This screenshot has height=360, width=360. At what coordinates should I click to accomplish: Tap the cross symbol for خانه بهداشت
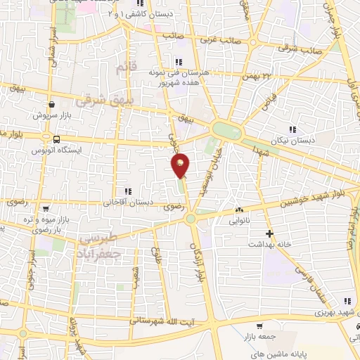click(268, 233)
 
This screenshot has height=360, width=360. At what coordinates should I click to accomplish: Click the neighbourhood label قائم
click(122, 68)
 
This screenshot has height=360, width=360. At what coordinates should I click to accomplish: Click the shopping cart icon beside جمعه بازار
click(260, 326)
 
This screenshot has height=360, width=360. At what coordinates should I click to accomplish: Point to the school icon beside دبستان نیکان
click(292, 128)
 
